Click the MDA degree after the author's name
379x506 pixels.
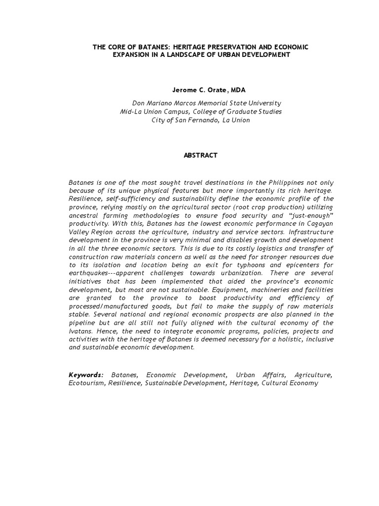coord(237,90)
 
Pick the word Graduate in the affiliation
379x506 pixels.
coord(242,112)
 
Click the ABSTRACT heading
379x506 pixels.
coord(200,155)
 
